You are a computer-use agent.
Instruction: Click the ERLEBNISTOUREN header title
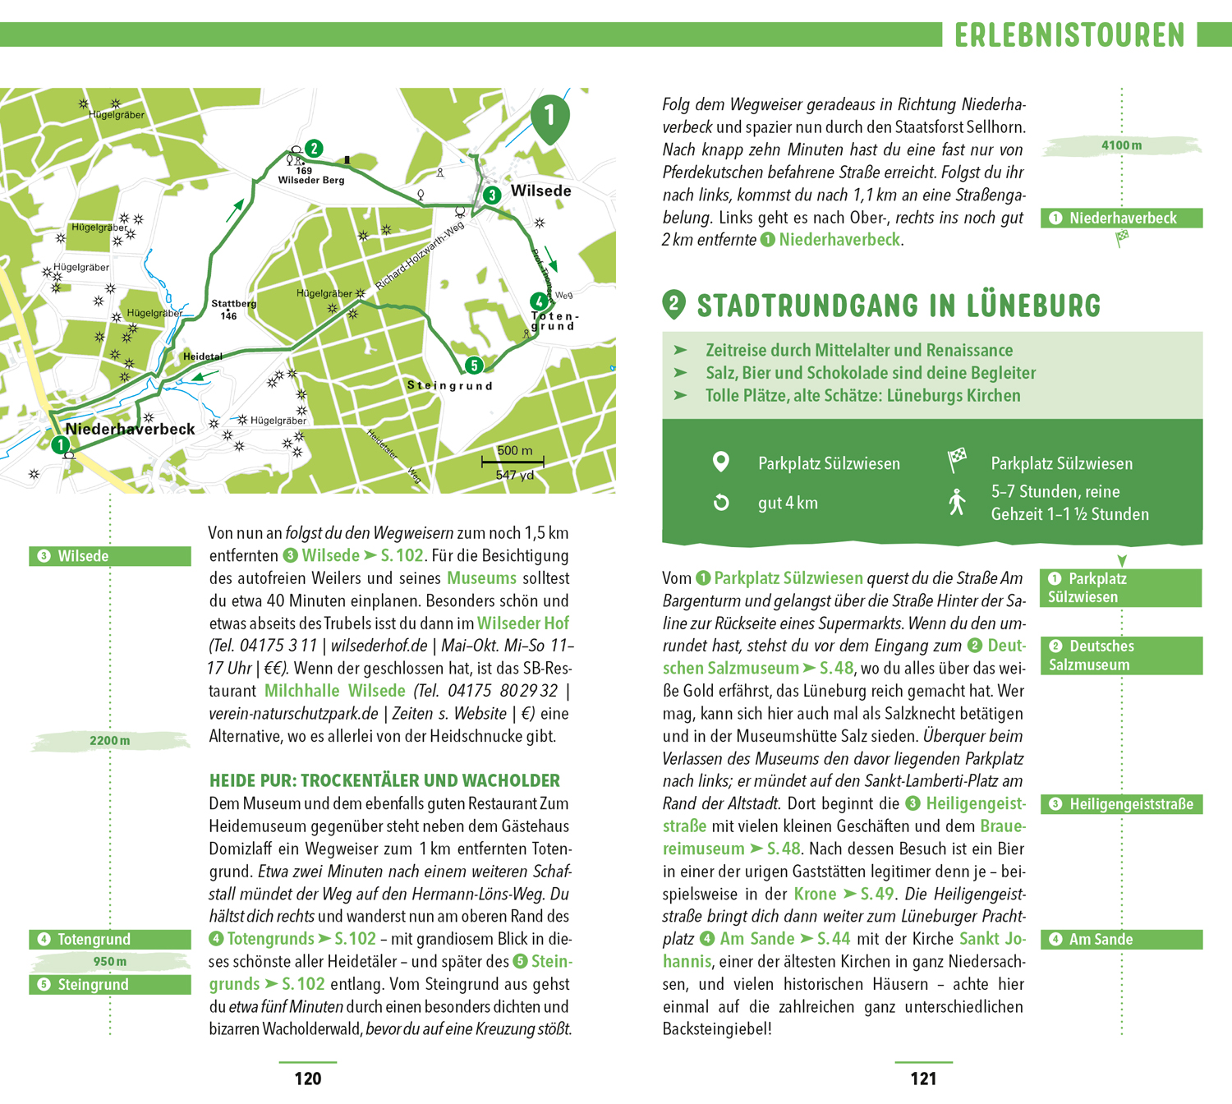coord(1069,35)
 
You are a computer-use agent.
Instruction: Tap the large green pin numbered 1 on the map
coord(549,117)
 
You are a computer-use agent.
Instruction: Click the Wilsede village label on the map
coord(540,191)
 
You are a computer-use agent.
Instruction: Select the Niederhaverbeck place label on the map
coord(130,429)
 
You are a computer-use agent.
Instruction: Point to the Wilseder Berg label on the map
coord(310,180)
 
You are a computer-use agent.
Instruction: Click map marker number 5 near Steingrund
coord(473,365)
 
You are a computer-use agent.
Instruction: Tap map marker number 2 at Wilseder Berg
coord(314,148)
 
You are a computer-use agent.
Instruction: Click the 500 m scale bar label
coord(514,450)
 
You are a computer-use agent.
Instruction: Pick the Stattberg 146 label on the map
coord(233,309)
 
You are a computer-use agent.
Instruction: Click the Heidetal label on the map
coord(202,356)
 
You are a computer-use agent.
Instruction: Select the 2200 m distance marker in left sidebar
coord(109,741)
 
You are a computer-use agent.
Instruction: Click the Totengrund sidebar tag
coord(110,939)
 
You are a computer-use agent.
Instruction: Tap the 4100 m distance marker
coord(1121,145)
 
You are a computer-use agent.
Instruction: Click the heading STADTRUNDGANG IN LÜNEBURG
coord(898,306)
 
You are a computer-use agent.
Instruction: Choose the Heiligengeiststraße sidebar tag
coord(1121,804)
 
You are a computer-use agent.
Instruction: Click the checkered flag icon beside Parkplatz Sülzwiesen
coord(957,461)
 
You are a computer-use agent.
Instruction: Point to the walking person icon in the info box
coord(956,502)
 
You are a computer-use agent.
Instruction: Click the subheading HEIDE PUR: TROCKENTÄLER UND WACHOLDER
coord(384,780)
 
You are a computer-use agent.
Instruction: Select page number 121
coord(923,1079)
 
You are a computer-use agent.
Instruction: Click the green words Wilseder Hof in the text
coord(522,623)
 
